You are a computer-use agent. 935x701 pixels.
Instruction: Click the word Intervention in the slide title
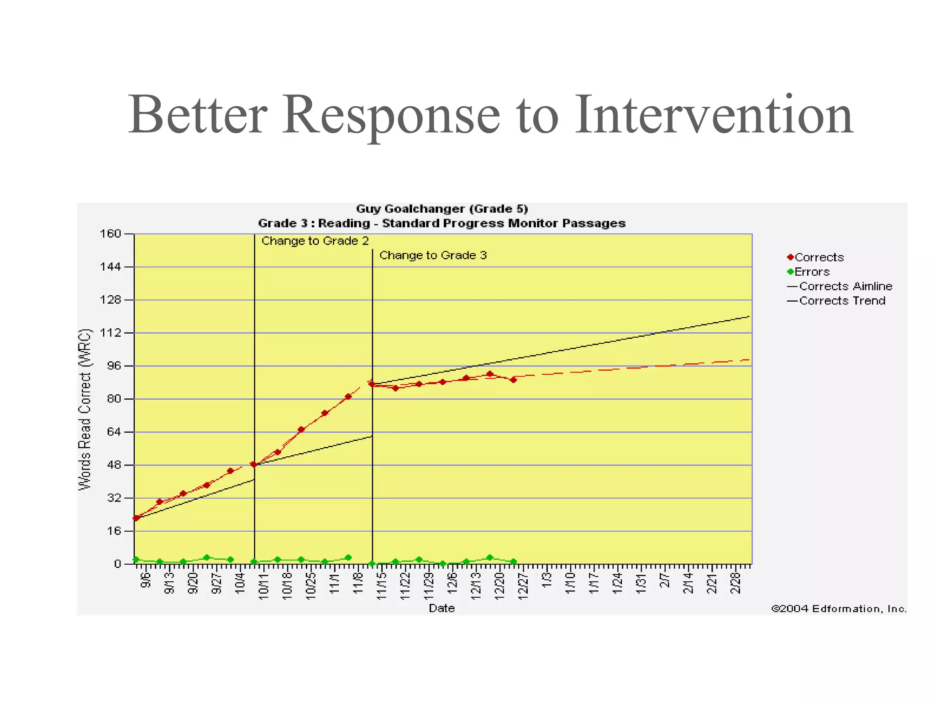tap(713, 115)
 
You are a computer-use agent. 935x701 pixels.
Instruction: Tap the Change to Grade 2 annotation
tap(315, 241)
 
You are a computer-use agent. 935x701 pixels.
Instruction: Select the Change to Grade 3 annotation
tap(433, 256)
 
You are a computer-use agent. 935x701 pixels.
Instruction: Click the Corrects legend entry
tap(819, 257)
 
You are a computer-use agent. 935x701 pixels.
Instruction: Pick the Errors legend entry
tap(812, 272)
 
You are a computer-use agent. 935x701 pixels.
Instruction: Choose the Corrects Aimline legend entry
tap(845, 287)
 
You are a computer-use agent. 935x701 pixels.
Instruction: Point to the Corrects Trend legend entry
tap(842, 301)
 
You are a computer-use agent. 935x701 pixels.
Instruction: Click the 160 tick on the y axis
tap(110, 234)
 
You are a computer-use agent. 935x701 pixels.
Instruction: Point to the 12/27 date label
tap(523, 585)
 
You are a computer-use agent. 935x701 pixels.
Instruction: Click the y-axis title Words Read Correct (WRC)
tap(85, 409)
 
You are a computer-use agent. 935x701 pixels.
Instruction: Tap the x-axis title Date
tap(441, 608)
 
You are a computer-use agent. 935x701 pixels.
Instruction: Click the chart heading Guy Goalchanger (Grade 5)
tap(441, 209)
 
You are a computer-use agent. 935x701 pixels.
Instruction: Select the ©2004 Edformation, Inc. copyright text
tap(839, 609)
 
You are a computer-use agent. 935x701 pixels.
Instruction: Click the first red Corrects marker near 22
tap(136, 518)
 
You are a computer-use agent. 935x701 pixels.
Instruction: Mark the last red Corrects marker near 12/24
tap(514, 380)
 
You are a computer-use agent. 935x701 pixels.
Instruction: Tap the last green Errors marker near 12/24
tap(514, 562)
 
